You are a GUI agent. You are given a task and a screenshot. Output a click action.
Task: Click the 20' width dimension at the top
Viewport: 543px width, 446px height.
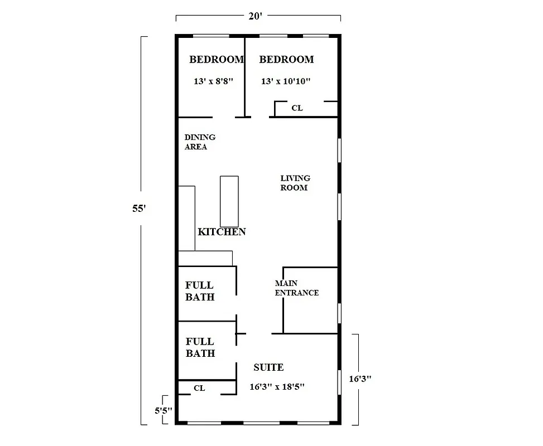coord(255,16)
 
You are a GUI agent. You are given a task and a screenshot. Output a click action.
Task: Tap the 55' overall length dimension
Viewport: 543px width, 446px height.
coord(139,209)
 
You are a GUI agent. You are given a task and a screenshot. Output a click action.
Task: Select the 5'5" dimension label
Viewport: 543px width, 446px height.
coord(163,411)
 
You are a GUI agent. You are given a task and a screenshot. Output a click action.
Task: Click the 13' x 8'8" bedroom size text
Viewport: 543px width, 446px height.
coord(213,81)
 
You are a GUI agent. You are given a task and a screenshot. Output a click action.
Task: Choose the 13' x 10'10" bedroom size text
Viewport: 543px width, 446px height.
coord(286,81)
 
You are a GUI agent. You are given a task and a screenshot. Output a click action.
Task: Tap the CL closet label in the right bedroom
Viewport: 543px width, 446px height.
coord(297,108)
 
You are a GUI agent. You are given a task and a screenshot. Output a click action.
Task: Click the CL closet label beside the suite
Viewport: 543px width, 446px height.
coord(199,388)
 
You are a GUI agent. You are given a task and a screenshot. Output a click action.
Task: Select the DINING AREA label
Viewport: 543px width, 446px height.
coord(200,142)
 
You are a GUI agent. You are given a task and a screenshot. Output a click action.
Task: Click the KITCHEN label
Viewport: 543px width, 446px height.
coord(222,232)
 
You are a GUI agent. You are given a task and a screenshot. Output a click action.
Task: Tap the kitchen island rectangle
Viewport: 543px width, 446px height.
coord(229,201)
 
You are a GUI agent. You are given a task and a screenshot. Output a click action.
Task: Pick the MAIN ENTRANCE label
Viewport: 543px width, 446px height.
coord(296,288)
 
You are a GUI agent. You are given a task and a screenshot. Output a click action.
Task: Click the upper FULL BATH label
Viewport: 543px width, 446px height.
coord(200,291)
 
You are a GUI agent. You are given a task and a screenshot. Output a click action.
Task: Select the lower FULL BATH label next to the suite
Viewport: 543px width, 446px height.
coord(200,347)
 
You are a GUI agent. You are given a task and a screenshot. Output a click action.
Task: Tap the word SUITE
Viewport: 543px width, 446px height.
coord(268,367)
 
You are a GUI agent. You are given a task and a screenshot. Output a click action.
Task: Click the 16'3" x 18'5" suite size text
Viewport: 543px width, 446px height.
coord(271,386)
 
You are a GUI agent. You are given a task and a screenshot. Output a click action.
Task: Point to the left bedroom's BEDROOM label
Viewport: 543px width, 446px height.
coord(216,60)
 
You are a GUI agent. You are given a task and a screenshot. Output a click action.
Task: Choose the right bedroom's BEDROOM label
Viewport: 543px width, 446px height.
coord(286,60)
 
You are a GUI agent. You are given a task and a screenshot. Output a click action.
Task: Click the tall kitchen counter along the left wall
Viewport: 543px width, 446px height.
coord(186,219)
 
